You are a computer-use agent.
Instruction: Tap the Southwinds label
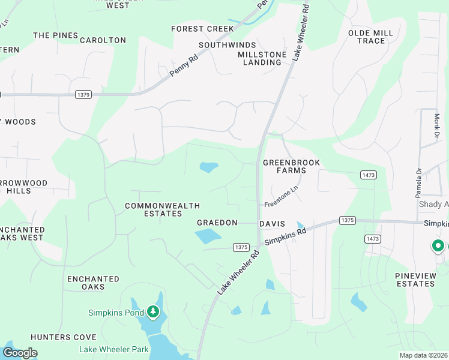click(x=227, y=45)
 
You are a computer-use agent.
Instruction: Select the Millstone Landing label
click(x=262, y=58)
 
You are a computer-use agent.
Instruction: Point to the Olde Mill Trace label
click(x=370, y=37)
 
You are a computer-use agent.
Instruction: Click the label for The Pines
click(x=56, y=35)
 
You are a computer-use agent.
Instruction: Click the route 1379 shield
click(x=83, y=94)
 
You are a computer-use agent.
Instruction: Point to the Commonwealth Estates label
click(x=162, y=209)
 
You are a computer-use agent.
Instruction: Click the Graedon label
click(x=217, y=223)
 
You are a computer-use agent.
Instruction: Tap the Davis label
click(x=271, y=223)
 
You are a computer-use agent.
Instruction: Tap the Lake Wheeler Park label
click(x=113, y=349)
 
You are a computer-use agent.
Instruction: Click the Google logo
click(x=20, y=353)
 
